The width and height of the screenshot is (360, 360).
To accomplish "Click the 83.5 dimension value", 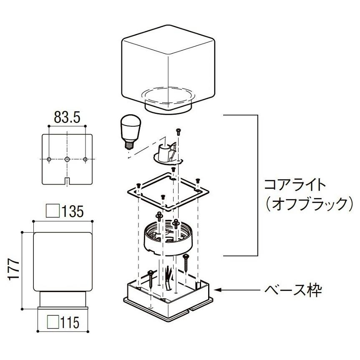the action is coord(67,117).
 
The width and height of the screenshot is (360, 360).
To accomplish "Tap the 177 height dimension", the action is coord(13,269).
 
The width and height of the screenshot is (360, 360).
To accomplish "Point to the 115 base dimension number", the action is coord(70,322).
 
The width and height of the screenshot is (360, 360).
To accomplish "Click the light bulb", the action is coord(131,132).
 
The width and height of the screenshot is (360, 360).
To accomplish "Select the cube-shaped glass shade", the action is coord(168,69).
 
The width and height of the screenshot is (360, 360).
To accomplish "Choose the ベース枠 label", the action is coord(293,290).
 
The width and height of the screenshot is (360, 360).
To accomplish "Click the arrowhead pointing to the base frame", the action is coord(217,290).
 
